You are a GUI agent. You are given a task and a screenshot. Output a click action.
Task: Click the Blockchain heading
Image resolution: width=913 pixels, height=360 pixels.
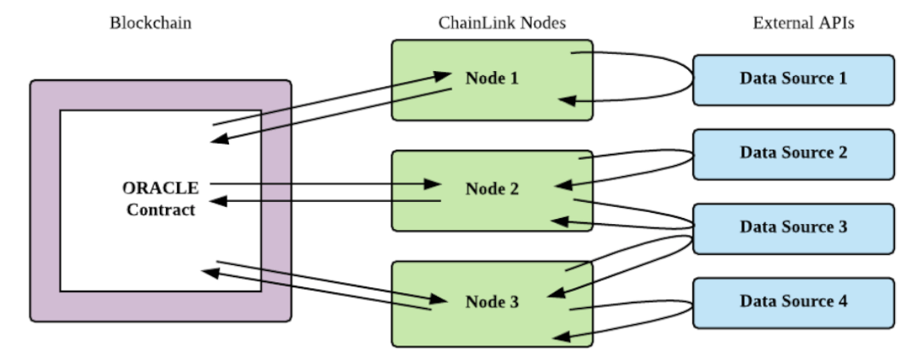(150, 23)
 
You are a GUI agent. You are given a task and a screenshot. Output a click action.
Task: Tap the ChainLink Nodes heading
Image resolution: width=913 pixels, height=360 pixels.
(502, 23)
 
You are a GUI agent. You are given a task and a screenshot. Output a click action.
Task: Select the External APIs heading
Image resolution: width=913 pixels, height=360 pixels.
(804, 23)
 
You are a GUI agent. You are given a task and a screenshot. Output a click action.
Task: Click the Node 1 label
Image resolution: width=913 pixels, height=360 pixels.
(492, 78)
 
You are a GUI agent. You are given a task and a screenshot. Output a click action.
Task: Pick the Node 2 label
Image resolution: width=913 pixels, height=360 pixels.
(492, 189)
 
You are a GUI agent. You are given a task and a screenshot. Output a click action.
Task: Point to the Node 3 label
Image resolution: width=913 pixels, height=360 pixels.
(492, 302)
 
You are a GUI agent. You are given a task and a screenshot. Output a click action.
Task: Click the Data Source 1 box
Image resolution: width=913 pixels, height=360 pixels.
(793, 80)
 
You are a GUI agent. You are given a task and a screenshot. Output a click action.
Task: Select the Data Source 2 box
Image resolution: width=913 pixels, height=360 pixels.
(793, 155)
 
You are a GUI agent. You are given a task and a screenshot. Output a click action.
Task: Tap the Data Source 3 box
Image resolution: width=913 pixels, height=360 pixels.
(793, 229)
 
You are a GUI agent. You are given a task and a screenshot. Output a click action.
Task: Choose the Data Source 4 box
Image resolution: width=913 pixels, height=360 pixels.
(793, 303)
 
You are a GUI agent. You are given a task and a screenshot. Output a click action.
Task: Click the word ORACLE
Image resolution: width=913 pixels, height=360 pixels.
(160, 188)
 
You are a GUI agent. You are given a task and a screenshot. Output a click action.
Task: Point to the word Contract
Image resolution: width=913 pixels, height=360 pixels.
(161, 210)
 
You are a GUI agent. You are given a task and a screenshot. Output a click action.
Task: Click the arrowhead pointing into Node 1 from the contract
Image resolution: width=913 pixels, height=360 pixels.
(441, 76)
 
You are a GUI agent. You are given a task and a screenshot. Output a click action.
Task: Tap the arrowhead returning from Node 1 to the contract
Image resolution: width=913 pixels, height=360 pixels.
(220, 139)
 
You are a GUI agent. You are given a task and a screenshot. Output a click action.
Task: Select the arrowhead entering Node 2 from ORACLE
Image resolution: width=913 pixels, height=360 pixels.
(432, 184)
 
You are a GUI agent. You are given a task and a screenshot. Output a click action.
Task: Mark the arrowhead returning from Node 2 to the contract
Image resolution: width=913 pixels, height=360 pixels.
(218, 202)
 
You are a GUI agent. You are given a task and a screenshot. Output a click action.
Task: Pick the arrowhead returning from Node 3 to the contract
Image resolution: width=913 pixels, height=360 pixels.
(211, 272)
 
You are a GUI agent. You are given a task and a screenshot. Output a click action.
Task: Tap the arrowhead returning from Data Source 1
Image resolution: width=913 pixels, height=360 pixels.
(567, 101)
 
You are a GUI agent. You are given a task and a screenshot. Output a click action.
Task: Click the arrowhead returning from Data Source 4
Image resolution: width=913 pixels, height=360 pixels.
(562, 336)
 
